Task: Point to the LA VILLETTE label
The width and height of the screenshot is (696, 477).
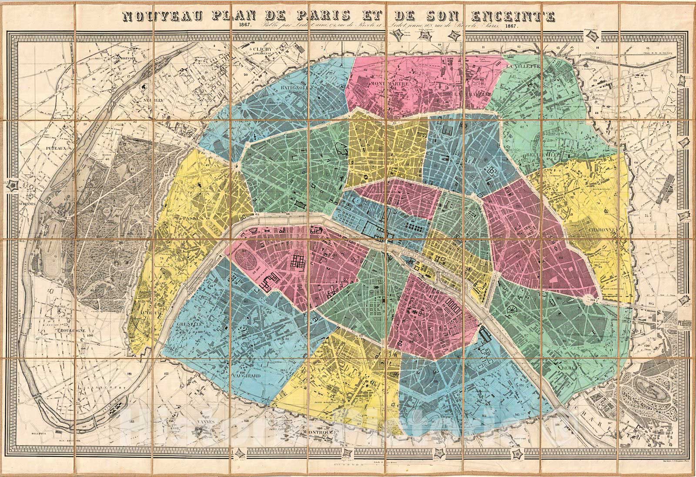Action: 523,66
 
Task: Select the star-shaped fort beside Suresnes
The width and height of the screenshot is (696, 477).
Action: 13,186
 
